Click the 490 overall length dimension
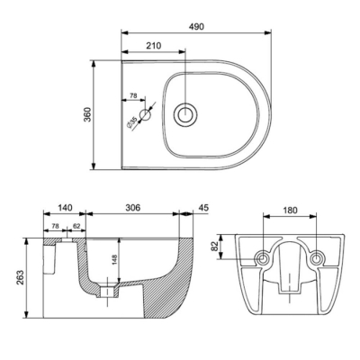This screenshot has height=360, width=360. point(196,27)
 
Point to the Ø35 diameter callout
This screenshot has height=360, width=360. point(131,119)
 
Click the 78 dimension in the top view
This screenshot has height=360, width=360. point(133,94)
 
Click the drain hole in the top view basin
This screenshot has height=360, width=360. point(186,114)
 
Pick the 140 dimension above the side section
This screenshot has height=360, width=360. point(65,206)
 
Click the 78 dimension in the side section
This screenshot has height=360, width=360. point(55,226)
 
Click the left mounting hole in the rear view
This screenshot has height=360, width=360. point(262,259)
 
